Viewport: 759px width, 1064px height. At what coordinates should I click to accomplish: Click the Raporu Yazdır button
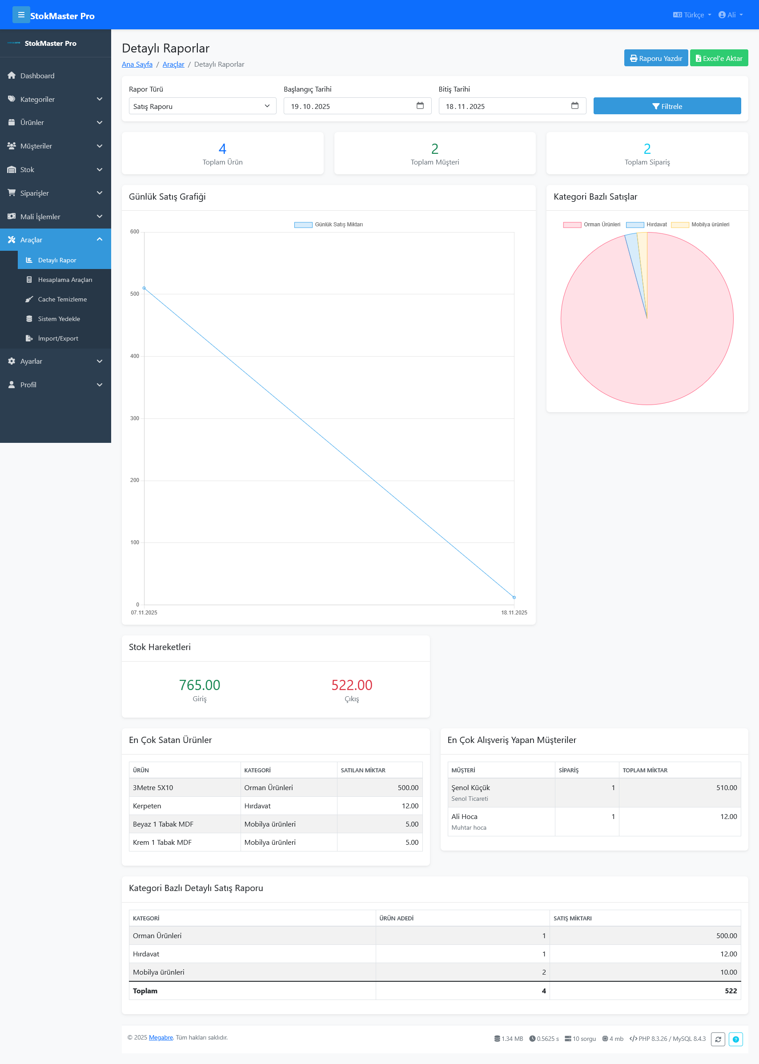click(x=655, y=58)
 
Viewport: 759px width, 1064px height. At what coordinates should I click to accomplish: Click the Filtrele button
click(x=667, y=106)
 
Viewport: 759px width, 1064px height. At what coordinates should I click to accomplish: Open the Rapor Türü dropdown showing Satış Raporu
click(x=202, y=106)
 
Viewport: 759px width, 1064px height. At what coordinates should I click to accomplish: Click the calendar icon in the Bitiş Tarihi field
click(x=574, y=106)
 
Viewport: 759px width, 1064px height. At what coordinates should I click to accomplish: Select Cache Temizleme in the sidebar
click(x=62, y=299)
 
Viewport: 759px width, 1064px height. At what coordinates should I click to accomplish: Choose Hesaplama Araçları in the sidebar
click(x=64, y=279)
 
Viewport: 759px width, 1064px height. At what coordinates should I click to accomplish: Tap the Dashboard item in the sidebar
click(x=37, y=76)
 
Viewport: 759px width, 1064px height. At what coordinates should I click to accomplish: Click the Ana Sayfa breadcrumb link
click(x=137, y=64)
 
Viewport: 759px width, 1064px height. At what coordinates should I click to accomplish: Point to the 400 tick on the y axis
click(x=135, y=356)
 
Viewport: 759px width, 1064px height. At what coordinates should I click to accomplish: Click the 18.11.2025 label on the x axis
click(x=514, y=612)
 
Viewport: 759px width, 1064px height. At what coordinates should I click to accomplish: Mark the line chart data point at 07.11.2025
click(x=144, y=288)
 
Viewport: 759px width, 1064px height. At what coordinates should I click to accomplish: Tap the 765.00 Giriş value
click(x=199, y=685)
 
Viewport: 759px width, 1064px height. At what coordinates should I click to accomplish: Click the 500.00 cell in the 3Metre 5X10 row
click(x=408, y=787)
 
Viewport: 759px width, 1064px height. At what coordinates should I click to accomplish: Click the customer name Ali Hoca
click(x=464, y=816)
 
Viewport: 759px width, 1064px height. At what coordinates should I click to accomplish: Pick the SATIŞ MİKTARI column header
click(x=572, y=918)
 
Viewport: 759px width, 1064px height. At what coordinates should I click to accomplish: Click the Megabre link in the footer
click(x=161, y=1037)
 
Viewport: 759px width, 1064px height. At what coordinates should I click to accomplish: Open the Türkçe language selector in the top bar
click(x=692, y=15)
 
